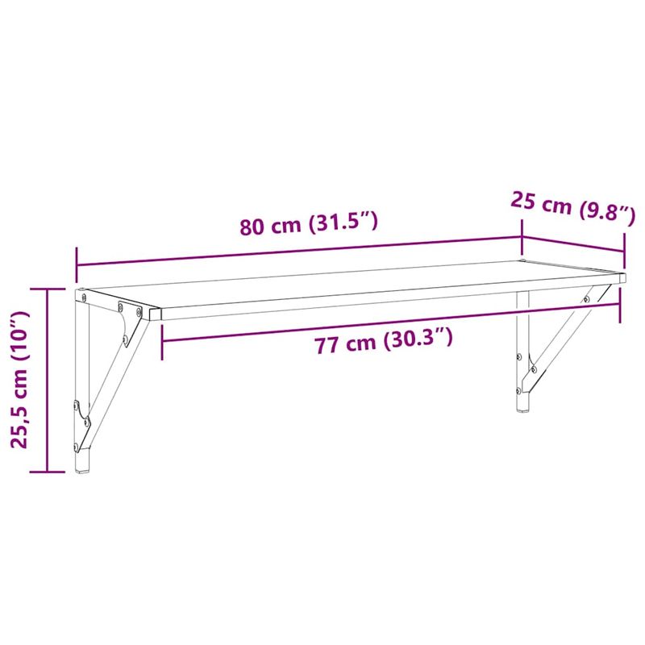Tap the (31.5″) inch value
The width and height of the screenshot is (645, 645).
coord(343,223)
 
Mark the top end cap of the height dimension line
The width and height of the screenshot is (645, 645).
coord(48,288)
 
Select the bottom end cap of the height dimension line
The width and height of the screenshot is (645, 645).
coord(48,471)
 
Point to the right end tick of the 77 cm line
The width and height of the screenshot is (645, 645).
coord(621,302)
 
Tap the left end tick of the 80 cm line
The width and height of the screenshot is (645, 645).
coord(77,262)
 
